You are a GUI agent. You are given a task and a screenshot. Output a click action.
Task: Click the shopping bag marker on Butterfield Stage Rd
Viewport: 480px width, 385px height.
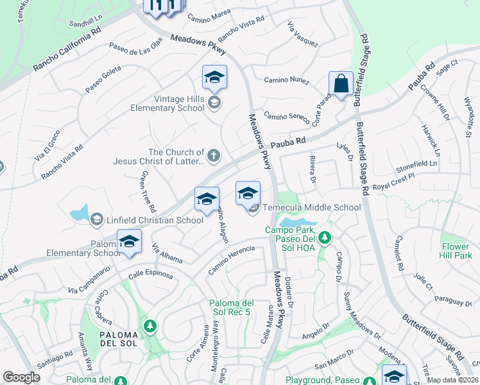(341, 84)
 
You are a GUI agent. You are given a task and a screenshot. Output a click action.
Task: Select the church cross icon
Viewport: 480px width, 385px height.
(214, 155)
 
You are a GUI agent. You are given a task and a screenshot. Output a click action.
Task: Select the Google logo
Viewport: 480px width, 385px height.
(21, 377)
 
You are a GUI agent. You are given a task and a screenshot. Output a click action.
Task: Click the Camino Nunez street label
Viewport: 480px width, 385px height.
(287, 81)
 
